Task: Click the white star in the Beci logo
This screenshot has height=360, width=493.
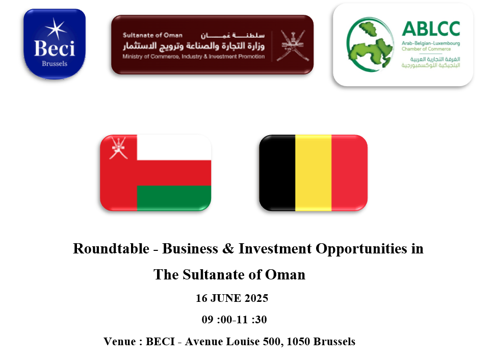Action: (x=56, y=29)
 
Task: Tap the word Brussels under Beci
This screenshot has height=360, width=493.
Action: (x=55, y=64)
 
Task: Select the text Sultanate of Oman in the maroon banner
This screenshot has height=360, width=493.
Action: (x=152, y=35)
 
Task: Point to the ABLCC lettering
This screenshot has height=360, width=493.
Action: (x=431, y=29)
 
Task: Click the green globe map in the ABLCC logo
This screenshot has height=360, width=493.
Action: (x=370, y=45)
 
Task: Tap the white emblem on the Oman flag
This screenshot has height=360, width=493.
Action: (x=118, y=148)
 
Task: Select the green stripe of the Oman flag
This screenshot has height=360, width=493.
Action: (x=174, y=198)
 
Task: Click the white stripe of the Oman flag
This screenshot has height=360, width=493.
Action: (x=174, y=147)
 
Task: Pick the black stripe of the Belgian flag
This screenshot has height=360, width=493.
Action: (x=277, y=173)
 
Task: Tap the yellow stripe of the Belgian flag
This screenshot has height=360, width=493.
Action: (x=314, y=173)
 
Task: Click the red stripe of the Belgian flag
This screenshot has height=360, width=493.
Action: (x=349, y=173)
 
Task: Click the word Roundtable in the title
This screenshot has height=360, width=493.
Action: (x=111, y=248)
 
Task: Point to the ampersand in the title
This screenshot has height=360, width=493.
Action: (x=228, y=248)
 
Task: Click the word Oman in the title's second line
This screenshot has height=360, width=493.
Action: (x=285, y=274)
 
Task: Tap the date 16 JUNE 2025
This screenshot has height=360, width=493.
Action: (x=232, y=298)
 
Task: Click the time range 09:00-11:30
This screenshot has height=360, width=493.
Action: (x=234, y=319)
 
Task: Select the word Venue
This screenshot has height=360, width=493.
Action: (x=120, y=342)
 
